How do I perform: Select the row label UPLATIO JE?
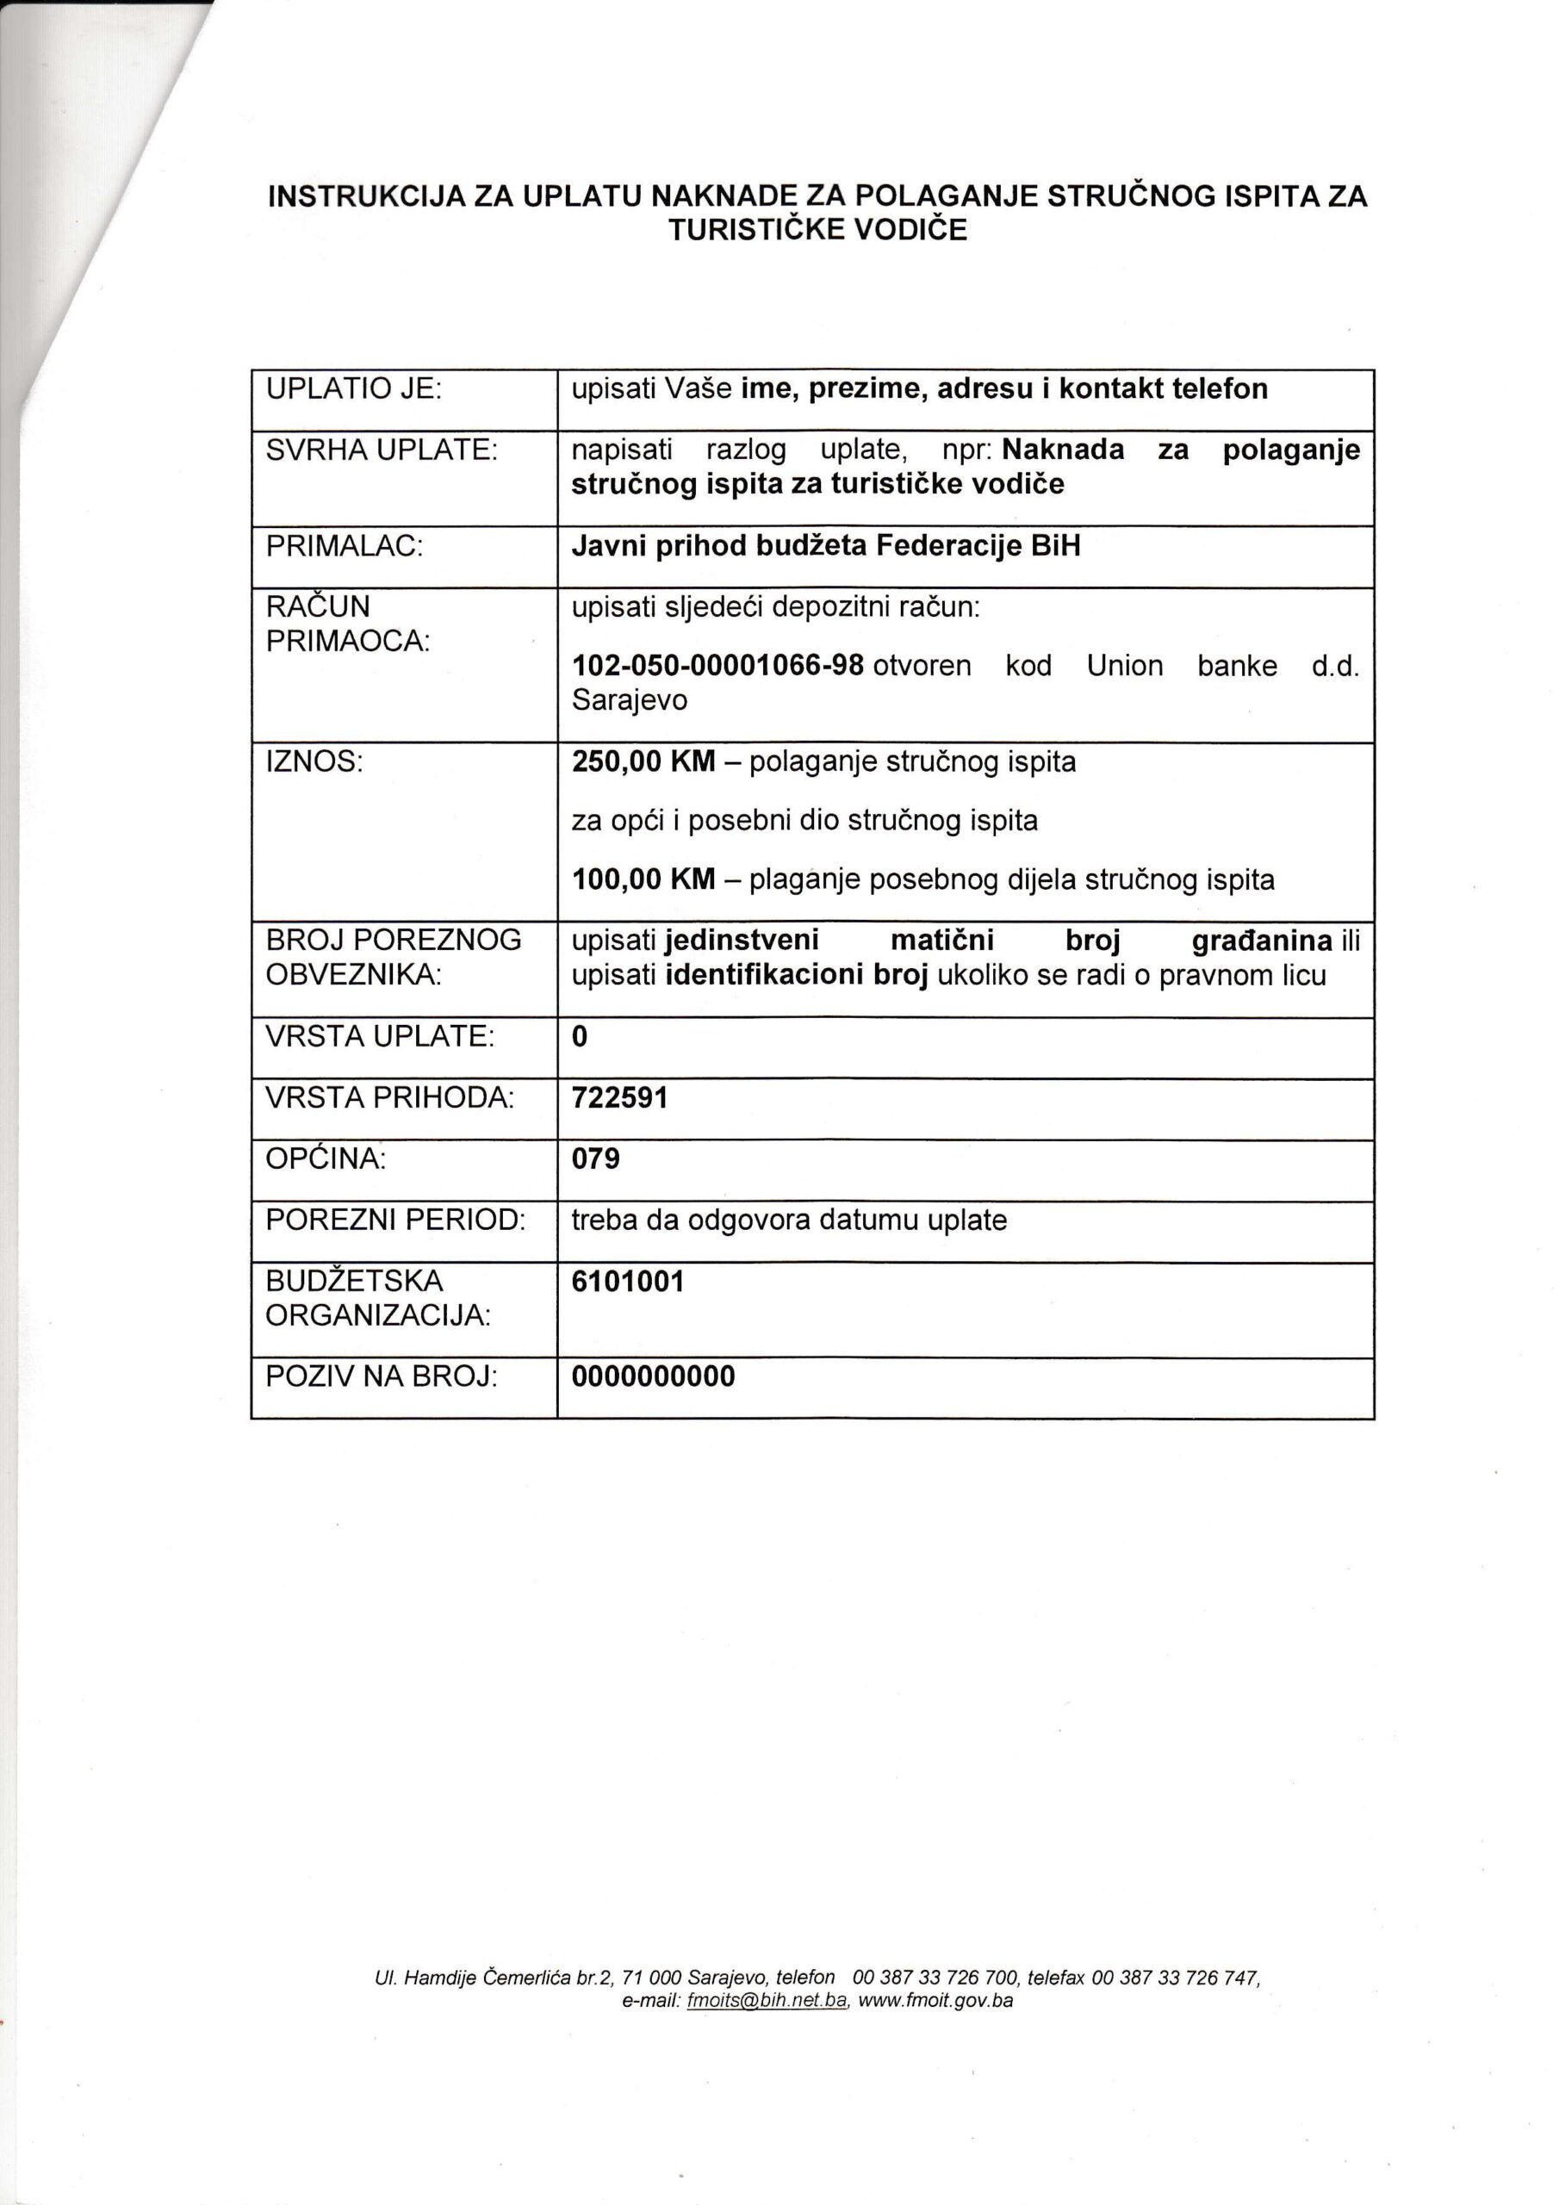(x=352, y=389)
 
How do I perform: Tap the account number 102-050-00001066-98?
(x=717, y=666)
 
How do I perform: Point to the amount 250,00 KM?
(x=643, y=761)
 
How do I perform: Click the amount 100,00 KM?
(x=643, y=879)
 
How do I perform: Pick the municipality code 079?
(x=595, y=1159)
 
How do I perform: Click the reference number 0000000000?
(x=653, y=1377)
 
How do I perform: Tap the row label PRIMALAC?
(x=345, y=546)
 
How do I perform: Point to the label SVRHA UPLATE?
(x=382, y=450)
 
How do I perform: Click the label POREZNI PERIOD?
(x=394, y=1221)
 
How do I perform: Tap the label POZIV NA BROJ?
(x=382, y=1377)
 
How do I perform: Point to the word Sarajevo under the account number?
(x=629, y=700)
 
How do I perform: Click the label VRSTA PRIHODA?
(x=389, y=1097)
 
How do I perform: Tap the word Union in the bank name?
(x=1124, y=666)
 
